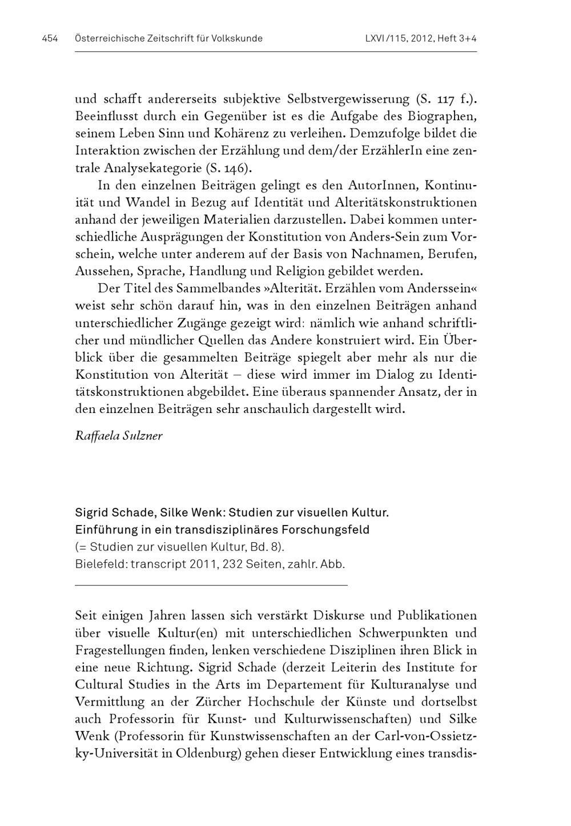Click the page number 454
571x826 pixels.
tap(50, 39)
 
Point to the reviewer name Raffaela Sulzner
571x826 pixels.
tap(119, 436)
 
